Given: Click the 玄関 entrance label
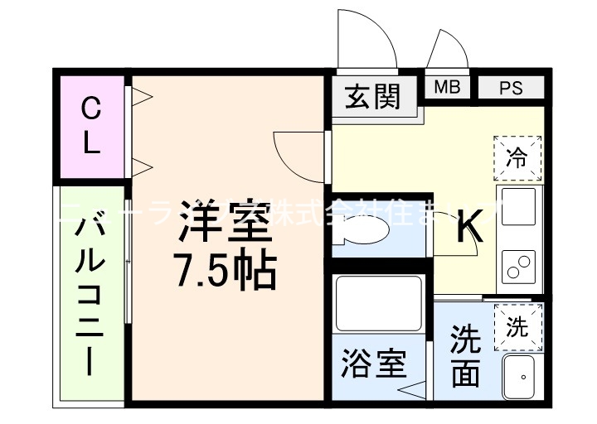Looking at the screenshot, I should (371, 97).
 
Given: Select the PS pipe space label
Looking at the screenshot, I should (511, 87).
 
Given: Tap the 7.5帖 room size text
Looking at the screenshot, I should (224, 269).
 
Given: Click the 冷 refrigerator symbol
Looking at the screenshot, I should (517, 157).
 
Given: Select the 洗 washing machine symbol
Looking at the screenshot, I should (517, 326).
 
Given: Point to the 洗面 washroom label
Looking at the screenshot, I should (465, 356).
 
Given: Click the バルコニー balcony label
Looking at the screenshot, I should (92, 299).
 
